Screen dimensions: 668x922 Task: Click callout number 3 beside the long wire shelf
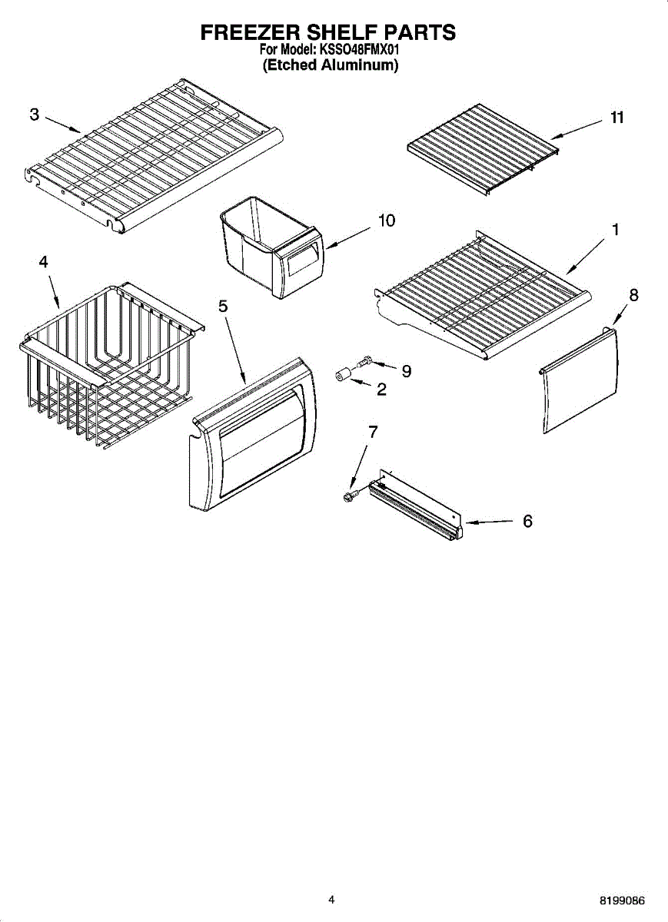[35, 115]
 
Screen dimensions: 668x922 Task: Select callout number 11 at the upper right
[616, 118]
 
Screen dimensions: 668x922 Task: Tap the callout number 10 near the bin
[387, 221]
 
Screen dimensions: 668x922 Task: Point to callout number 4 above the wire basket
[44, 262]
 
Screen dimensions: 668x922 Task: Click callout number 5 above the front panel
[223, 306]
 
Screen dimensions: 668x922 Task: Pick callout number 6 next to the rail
[527, 521]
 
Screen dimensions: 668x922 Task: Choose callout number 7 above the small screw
[373, 432]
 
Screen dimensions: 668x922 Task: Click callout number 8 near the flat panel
[633, 294]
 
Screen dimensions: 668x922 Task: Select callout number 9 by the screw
[406, 371]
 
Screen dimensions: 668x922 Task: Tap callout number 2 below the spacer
[381, 390]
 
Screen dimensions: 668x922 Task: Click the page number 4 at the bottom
[331, 899]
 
